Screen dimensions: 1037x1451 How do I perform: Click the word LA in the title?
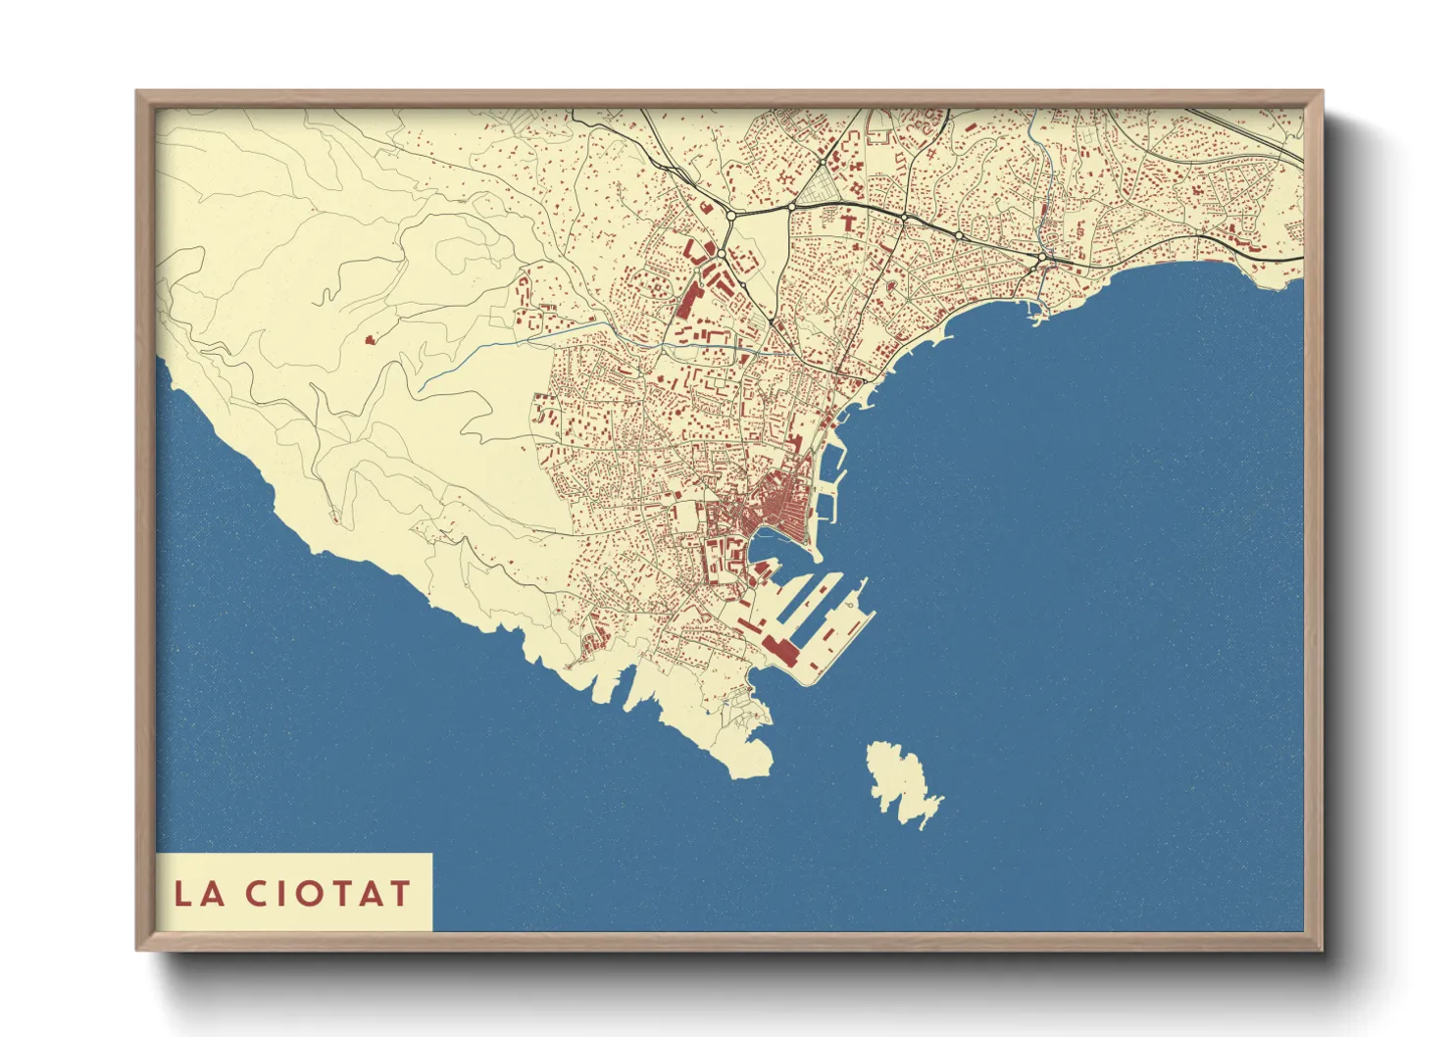(200, 893)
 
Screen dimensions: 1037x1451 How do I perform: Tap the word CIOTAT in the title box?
(327, 893)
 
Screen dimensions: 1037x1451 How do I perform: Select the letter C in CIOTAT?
(257, 893)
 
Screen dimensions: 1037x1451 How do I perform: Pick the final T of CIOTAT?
(398, 893)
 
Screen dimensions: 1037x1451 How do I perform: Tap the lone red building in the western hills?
(370, 339)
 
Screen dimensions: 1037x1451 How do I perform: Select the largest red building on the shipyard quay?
(782, 649)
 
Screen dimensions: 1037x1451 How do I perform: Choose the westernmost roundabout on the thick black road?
(730, 215)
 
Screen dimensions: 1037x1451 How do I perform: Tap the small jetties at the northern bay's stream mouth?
(1037, 313)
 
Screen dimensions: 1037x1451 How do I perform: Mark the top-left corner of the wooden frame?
(138, 93)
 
